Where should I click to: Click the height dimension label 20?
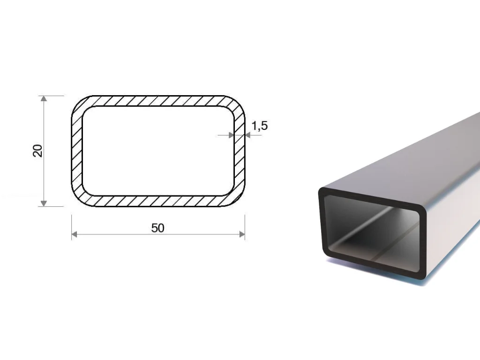point(37,150)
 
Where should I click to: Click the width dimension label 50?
point(157,228)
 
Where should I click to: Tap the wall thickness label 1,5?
point(259,126)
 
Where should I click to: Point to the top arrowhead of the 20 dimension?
point(44,98)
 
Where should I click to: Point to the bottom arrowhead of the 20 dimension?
point(44,203)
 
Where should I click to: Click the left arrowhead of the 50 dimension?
point(75,234)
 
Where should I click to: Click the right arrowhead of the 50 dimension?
point(242,234)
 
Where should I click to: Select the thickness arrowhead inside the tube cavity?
point(232,135)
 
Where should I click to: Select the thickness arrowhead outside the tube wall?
point(247,135)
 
